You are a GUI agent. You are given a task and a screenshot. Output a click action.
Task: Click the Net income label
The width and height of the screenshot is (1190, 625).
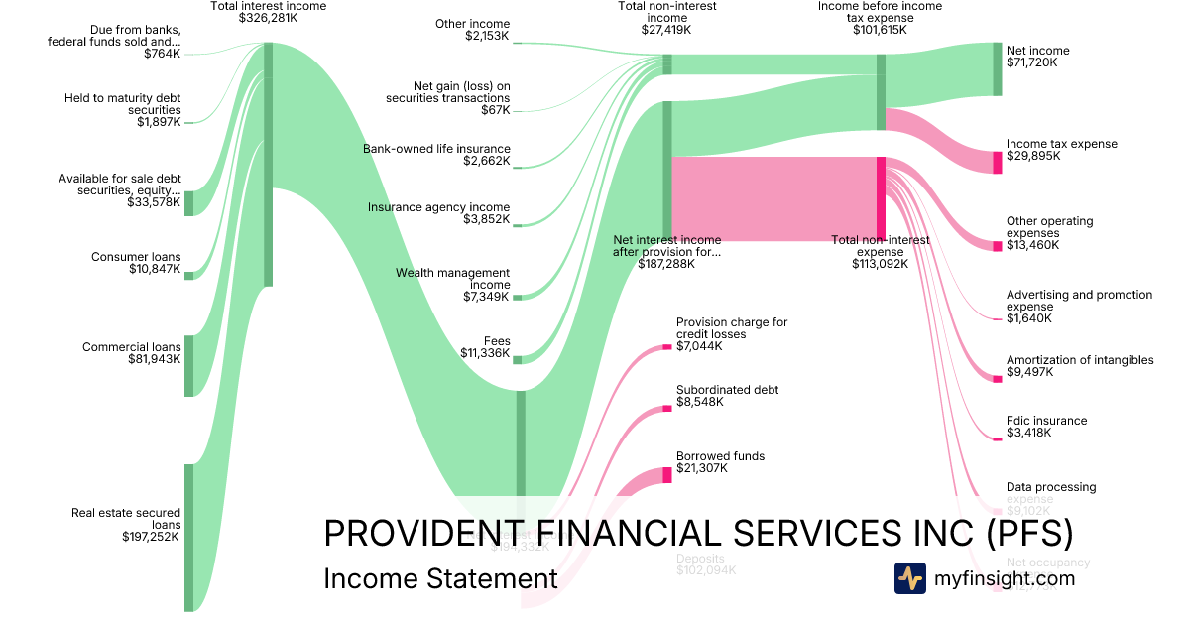1037,51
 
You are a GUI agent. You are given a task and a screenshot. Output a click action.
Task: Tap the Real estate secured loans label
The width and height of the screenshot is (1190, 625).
126,519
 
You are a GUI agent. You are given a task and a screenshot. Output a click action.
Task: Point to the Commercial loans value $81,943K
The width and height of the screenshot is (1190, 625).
155,359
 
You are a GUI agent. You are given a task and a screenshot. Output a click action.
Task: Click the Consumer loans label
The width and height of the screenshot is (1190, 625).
136,257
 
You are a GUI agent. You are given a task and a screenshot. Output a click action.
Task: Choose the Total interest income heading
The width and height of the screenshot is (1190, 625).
268,6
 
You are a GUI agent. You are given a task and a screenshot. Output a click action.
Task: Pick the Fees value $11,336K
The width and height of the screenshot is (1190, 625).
485,352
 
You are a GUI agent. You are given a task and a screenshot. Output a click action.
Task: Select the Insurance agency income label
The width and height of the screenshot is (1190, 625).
438,207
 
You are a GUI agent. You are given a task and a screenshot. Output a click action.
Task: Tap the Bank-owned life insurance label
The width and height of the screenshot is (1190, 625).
436,149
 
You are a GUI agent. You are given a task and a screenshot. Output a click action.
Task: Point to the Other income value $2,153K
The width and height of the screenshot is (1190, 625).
487,36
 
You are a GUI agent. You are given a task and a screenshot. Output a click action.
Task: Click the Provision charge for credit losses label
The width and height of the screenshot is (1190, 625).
732,328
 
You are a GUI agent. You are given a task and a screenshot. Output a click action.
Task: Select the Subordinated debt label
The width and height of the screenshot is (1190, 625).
727,390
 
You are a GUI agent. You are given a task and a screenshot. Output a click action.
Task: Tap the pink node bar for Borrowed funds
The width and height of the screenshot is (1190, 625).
666,474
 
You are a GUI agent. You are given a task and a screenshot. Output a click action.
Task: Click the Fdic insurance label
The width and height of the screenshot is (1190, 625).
1046,421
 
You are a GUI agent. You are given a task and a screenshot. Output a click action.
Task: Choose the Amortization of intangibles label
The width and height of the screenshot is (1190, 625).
1080,360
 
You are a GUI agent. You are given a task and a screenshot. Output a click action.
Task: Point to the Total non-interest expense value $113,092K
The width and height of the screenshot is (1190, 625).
880,264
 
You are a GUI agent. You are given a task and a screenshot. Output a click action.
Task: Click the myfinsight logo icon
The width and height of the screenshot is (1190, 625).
909,578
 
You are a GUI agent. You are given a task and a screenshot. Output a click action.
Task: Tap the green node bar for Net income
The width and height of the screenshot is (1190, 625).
998,68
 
